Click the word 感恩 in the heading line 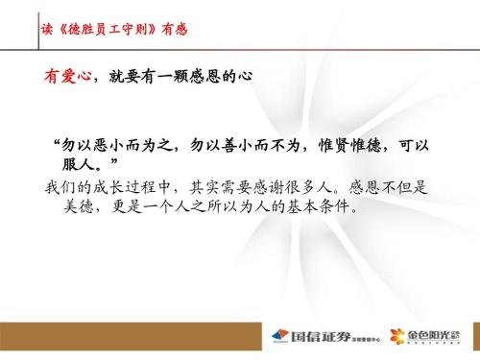(x=209, y=75)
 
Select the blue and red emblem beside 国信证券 (x=280, y=339)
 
